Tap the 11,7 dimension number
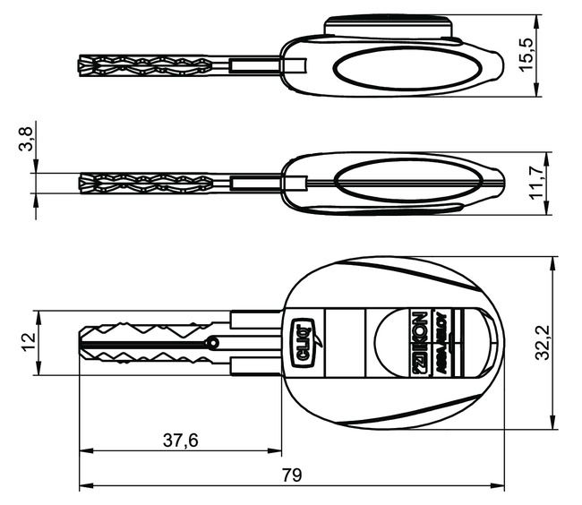[x=535, y=183]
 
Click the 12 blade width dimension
[x=27, y=342]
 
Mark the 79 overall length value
[x=291, y=475]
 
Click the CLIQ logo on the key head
[x=304, y=345]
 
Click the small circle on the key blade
[x=212, y=342]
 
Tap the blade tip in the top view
[x=83, y=65]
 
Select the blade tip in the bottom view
[x=82, y=342]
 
